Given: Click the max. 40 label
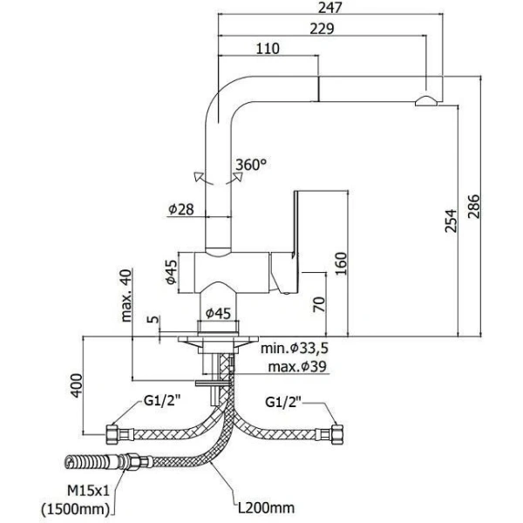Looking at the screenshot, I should pyautogui.click(x=128, y=294).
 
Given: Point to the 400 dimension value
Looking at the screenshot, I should pyautogui.click(x=77, y=384).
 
